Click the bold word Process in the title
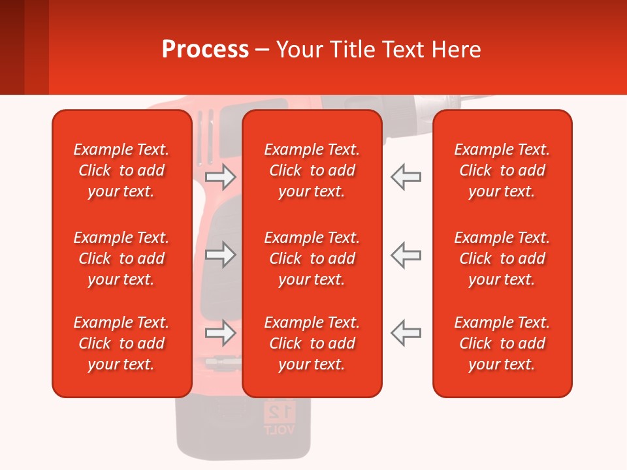click(x=205, y=49)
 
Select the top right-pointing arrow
click(x=220, y=176)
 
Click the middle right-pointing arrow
click(x=220, y=255)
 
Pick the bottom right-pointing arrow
click(x=220, y=333)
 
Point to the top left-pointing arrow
click(x=406, y=176)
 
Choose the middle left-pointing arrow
click(x=406, y=255)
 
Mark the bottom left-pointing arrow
click(x=406, y=333)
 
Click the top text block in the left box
click(x=121, y=170)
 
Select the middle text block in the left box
click(x=121, y=258)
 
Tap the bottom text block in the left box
click(x=121, y=343)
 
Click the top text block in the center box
click(x=312, y=170)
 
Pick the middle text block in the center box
click(x=312, y=258)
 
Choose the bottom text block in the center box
click(x=312, y=343)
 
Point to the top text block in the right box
click(x=502, y=170)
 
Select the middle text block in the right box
click(x=502, y=258)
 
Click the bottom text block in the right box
click(x=502, y=343)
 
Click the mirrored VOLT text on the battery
click(x=280, y=430)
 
